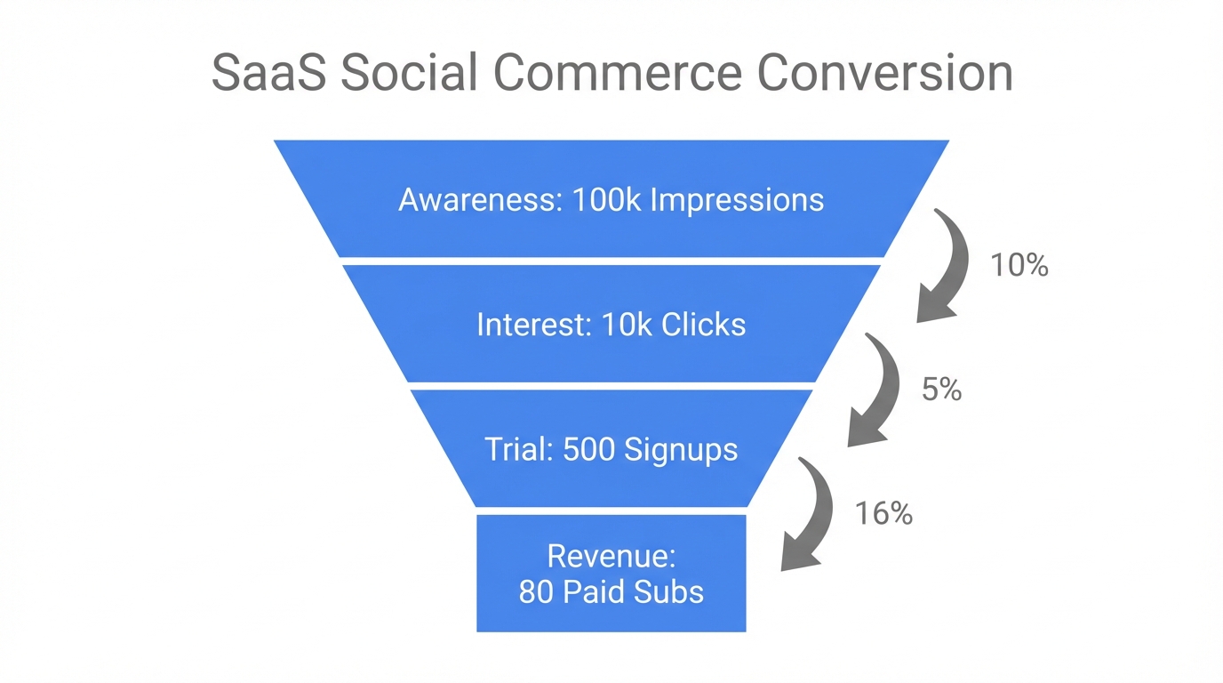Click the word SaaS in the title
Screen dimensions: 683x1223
(265, 73)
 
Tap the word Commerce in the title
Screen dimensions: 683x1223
(616, 73)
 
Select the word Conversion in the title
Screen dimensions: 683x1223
(885, 73)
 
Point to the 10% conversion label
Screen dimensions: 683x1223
(1019, 265)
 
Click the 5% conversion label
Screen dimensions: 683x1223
(941, 390)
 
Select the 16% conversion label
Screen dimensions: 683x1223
(883, 513)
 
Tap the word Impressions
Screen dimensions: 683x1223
(737, 200)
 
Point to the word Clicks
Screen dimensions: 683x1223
(703, 324)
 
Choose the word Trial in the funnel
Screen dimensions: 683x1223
(519, 448)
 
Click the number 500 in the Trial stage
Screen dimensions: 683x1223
(589, 448)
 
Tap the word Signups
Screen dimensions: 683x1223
(681, 449)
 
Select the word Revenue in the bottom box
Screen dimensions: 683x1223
(611, 556)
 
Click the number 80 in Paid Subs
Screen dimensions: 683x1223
(536, 591)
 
